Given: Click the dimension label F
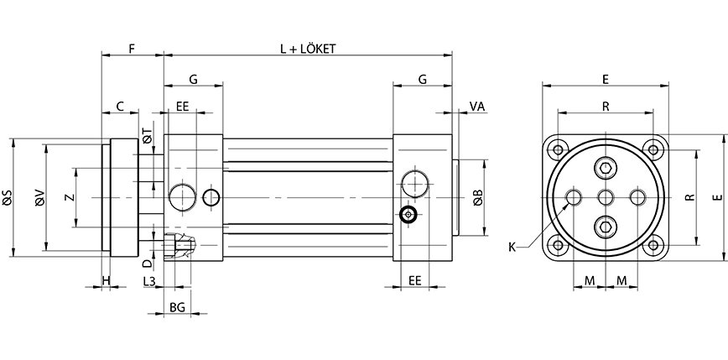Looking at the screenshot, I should (x=132, y=50).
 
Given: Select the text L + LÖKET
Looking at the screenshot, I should (x=308, y=50).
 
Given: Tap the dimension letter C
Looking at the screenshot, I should (x=120, y=107).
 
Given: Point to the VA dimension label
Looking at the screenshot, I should (x=477, y=107).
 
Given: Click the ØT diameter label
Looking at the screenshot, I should (x=147, y=135).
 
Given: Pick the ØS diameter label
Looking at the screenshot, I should (x=8, y=199).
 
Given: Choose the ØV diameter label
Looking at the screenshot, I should (x=39, y=199).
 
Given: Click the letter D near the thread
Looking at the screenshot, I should (x=147, y=263).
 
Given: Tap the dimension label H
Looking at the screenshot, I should (x=106, y=279).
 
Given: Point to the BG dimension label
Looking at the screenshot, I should (x=177, y=308).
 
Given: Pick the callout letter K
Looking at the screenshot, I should (x=512, y=247).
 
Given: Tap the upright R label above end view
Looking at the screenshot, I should (x=606, y=107).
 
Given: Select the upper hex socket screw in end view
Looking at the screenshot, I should (x=606, y=170).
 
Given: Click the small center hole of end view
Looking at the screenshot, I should (x=606, y=197).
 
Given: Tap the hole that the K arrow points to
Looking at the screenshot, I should (x=575, y=197).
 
